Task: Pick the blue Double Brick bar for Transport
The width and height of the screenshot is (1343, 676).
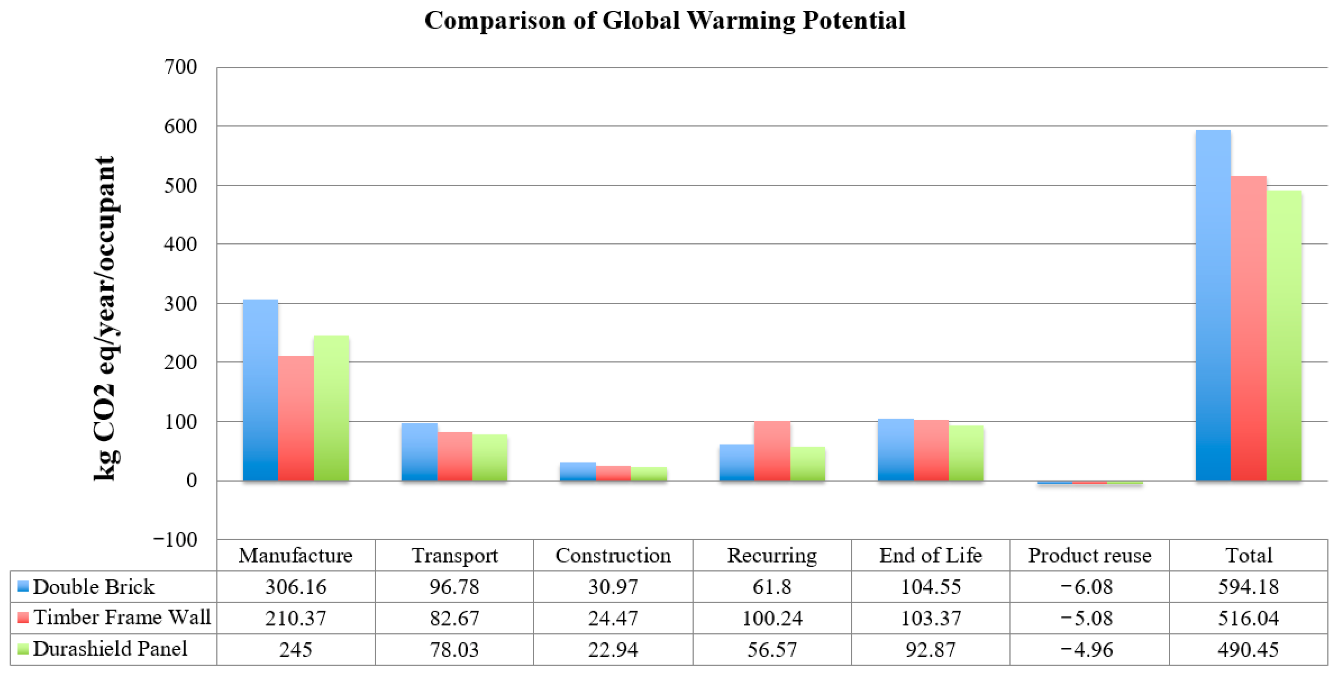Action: tap(419, 452)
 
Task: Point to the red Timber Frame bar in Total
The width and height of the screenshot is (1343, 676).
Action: tap(1248, 329)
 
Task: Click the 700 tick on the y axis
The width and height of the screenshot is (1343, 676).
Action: tap(180, 67)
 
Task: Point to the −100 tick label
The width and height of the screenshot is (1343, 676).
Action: tap(175, 539)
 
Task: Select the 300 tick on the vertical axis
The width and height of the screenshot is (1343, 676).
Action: tap(180, 303)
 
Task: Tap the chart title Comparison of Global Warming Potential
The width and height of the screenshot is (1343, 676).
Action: tap(665, 21)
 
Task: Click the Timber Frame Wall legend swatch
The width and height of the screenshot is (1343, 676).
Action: tap(23, 618)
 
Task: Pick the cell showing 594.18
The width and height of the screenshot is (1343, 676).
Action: tap(1248, 587)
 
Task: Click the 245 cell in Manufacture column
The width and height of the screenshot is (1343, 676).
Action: tap(296, 650)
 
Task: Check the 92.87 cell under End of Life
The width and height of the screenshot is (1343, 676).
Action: tap(931, 650)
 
